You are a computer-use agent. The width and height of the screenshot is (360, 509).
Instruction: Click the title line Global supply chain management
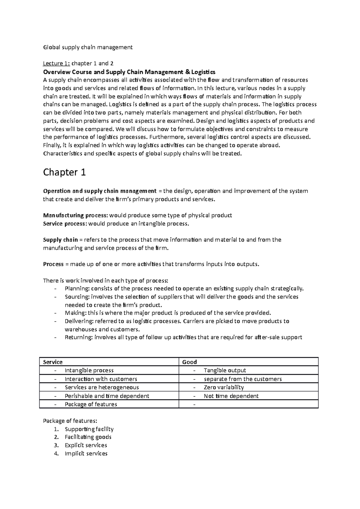88,47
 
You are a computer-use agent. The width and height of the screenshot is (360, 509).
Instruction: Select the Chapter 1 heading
64,172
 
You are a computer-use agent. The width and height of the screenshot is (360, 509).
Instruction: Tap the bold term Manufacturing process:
76,216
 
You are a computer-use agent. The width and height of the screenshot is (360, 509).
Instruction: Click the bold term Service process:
65,224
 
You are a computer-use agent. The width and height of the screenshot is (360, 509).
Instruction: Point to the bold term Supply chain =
60,240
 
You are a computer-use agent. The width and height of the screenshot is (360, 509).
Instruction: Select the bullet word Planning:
77,289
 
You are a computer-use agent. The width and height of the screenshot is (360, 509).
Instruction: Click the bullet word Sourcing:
77,297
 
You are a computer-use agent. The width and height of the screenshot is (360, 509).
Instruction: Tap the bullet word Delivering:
79,321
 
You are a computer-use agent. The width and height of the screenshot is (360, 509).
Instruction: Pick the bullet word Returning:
79,338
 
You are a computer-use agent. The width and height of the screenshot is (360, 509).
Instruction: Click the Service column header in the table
53,362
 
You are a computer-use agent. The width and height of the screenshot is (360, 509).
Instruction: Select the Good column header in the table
190,362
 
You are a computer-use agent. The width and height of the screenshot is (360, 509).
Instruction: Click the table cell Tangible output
225,371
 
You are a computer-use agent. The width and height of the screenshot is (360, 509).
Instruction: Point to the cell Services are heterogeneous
102,387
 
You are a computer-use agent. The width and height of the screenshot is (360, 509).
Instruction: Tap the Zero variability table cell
224,387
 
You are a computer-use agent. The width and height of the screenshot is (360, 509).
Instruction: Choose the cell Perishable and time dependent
107,396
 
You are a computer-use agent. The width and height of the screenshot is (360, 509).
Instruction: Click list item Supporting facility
89,429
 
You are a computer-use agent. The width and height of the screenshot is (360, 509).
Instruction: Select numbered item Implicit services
86,454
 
